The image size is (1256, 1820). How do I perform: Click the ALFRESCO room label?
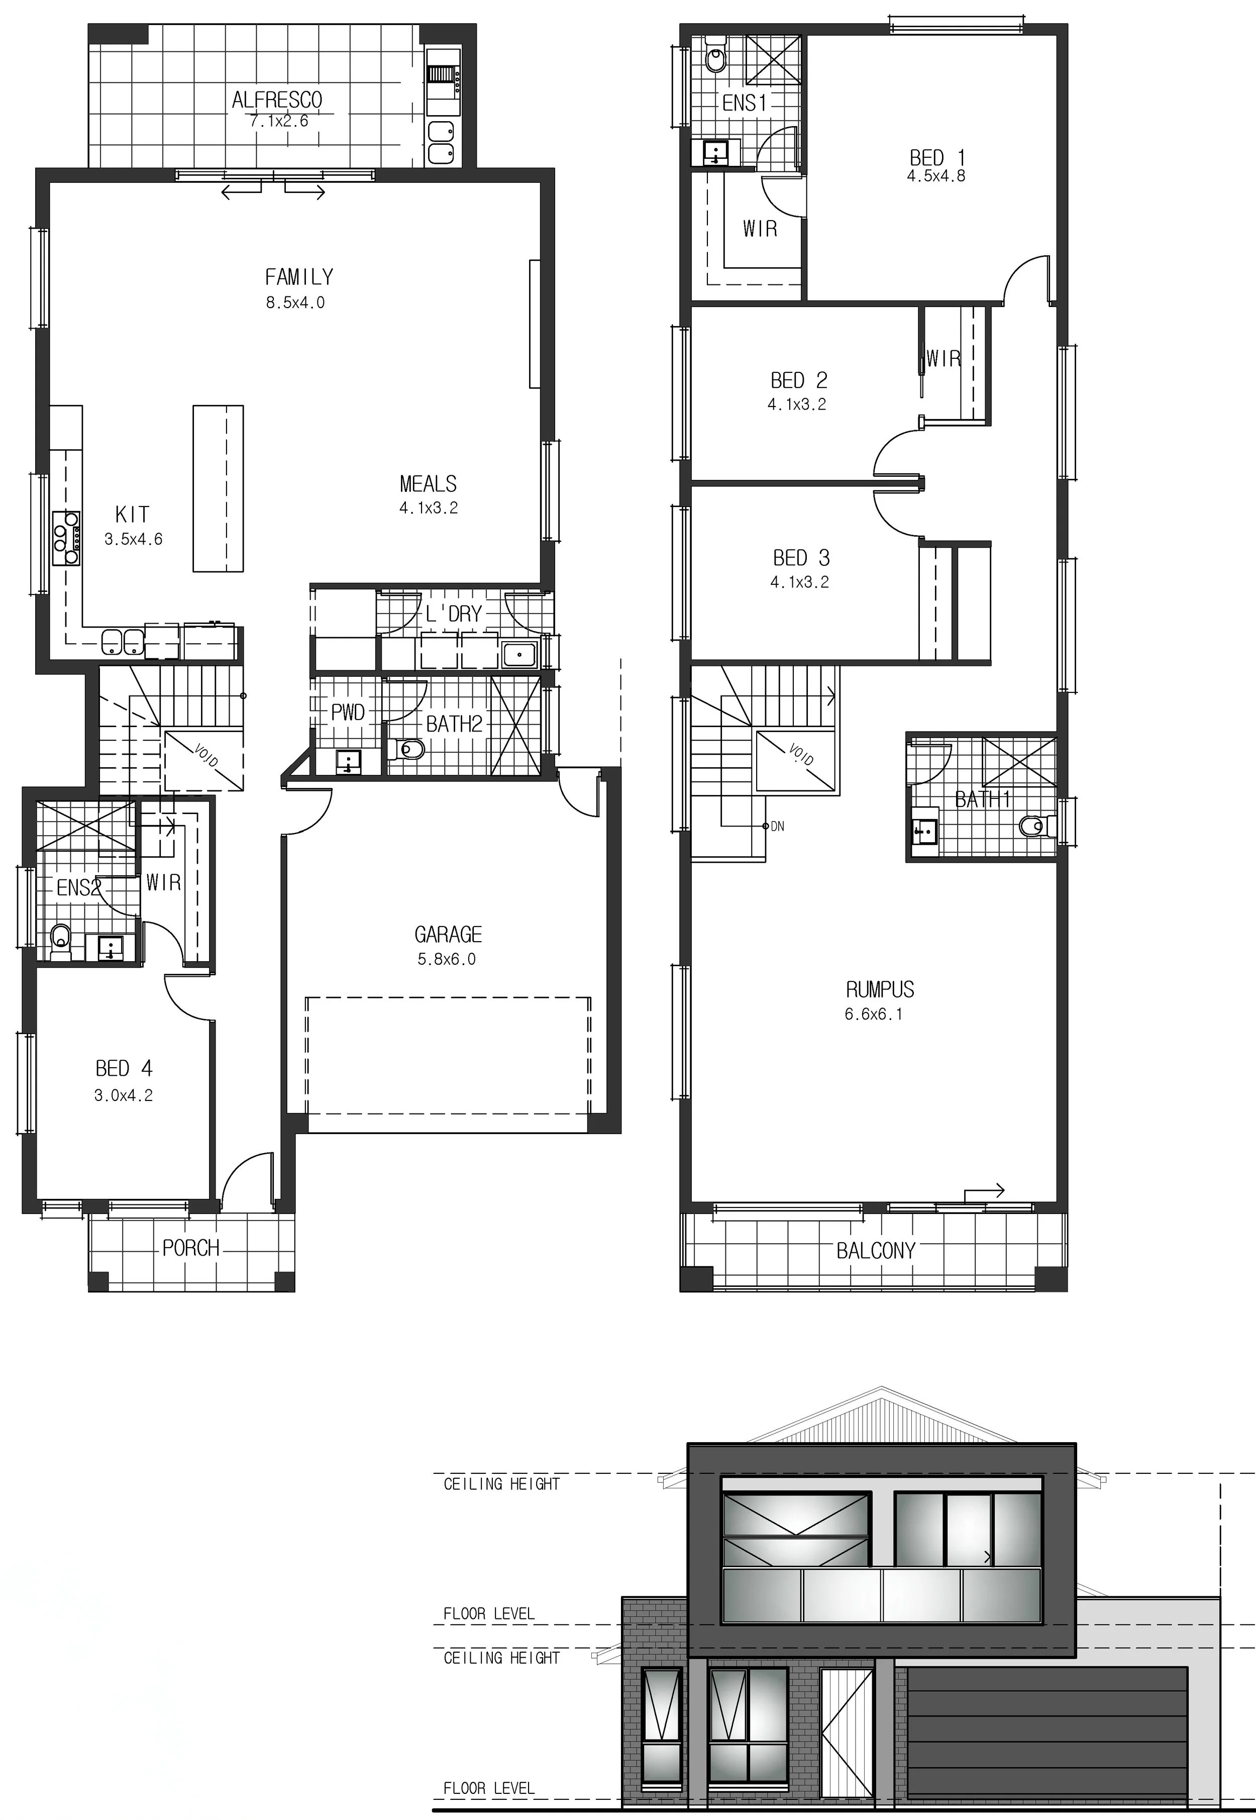[x=277, y=100]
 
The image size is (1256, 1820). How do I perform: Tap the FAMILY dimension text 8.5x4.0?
[x=295, y=302]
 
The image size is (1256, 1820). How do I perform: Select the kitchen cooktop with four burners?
[x=65, y=538]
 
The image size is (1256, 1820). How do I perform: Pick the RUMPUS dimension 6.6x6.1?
[x=874, y=1014]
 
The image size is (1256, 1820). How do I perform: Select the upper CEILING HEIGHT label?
[x=501, y=1484]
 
